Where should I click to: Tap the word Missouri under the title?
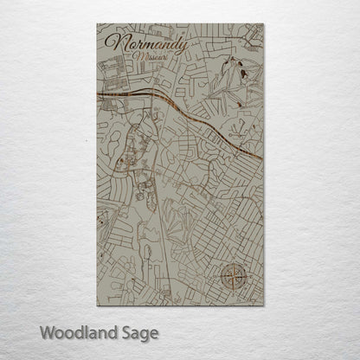tap(153, 56)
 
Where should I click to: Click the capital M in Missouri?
tap(139, 56)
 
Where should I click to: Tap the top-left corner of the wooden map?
tap(97, 24)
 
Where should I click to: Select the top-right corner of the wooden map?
tap(265, 24)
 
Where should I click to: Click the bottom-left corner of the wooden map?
tap(97, 306)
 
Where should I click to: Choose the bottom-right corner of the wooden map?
tap(265, 306)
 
